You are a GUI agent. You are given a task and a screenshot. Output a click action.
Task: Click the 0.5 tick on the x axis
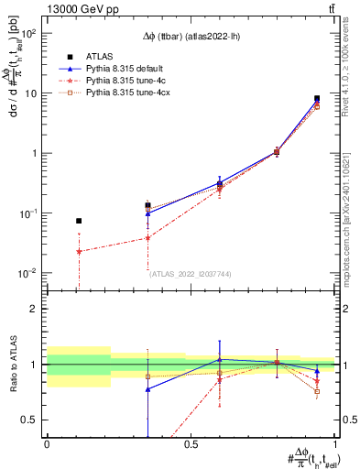tap(191, 444)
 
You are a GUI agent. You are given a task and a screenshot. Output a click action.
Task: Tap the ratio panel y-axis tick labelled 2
tap(35, 309)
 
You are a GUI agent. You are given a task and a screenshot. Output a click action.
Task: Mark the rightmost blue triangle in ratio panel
tap(317, 371)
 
